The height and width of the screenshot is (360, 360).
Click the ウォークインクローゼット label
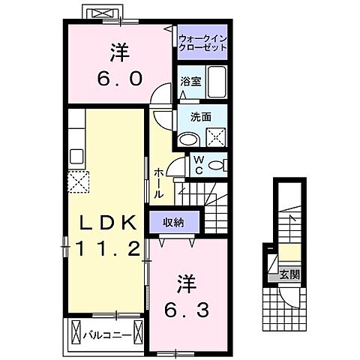tap(202, 40)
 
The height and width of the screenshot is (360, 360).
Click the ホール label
tap(158, 182)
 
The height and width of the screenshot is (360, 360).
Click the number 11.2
tap(107, 250)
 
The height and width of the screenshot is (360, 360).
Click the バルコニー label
tap(107, 331)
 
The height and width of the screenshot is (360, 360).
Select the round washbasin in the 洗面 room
tap(188, 137)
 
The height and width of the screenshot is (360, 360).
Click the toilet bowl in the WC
tap(215, 165)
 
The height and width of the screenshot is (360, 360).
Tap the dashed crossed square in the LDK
tap(79, 182)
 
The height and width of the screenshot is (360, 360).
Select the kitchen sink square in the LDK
tap(76, 157)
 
